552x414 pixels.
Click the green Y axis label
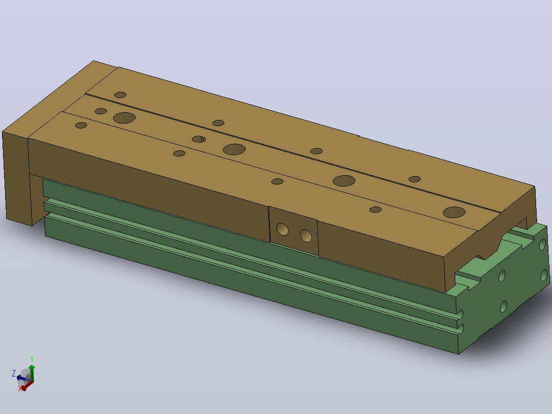point(32,359)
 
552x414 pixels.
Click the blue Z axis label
point(14,373)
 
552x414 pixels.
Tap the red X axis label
point(19,388)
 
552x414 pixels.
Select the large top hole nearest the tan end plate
point(124,118)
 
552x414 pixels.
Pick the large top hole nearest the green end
point(454,212)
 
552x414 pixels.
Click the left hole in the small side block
point(282,230)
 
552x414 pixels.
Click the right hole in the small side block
point(306,236)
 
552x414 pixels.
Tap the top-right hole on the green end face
point(542,244)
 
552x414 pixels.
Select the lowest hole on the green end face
point(504,306)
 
